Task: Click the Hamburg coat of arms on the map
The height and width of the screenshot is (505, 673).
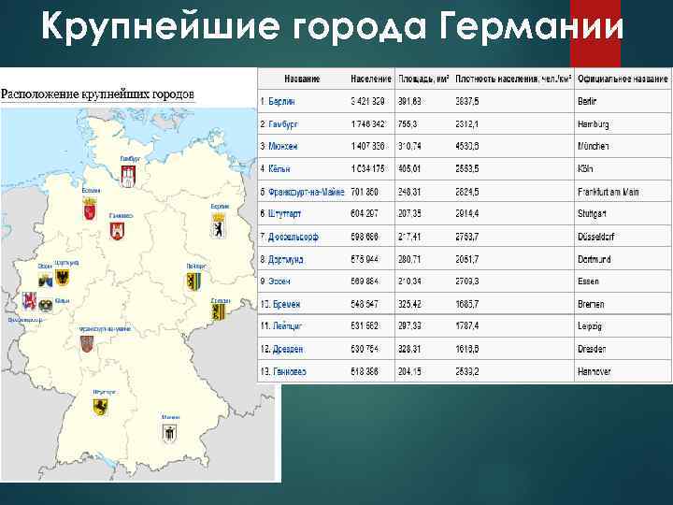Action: point(131,175)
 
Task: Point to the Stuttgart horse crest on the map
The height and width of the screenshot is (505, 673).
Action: point(99,406)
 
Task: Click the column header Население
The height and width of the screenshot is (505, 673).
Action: point(371,79)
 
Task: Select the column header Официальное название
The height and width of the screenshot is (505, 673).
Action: point(622,79)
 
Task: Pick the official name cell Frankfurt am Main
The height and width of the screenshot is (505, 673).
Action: point(609,192)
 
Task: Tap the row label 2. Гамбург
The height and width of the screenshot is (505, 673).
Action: point(280,123)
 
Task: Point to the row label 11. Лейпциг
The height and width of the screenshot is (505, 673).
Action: point(282,326)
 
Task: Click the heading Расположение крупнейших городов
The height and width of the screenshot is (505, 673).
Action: point(97,94)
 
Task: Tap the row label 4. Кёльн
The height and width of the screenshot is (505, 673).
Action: point(277,169)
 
